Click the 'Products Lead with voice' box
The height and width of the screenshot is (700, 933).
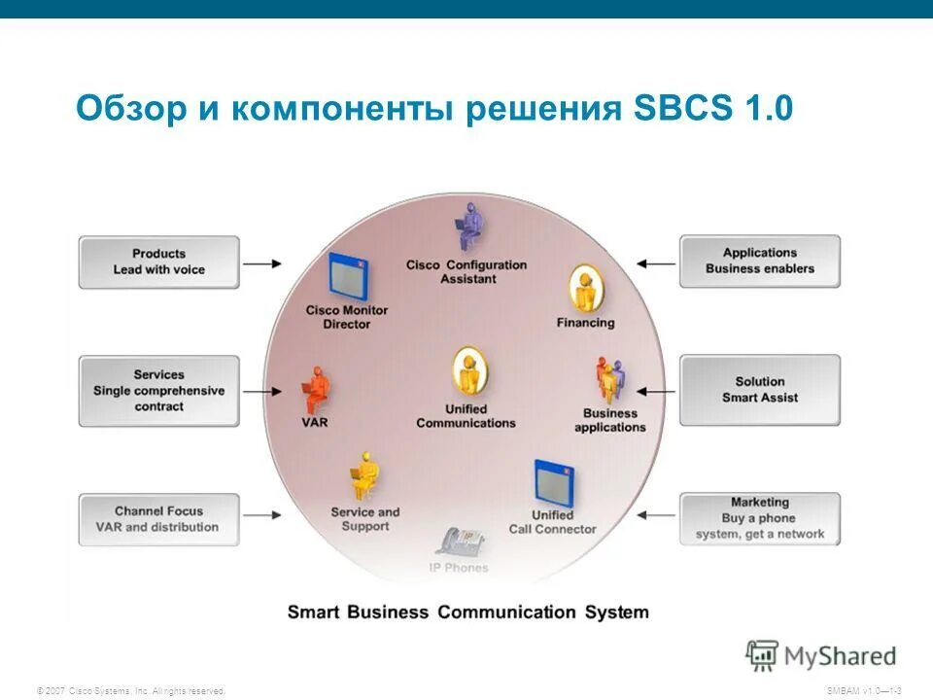click(x=158, y=262)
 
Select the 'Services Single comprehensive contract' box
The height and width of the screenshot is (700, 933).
click(x=158, y=390)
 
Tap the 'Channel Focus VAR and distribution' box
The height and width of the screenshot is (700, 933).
click(x=158, y=519)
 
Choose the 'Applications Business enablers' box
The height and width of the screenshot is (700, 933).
click(x=759, y=261)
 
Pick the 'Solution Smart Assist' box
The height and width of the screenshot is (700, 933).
click(x=759, y=390)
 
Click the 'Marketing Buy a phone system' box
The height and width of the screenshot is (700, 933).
click(x=759, y=518)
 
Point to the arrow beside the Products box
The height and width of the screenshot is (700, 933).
click(x=262, y=263)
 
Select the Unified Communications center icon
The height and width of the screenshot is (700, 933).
click(x=467, y=373)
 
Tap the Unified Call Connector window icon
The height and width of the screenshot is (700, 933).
click(x=553, y=482)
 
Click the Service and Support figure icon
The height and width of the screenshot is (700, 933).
click(x=364, y=477)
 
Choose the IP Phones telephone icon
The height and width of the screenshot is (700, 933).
click(x=459, y=542)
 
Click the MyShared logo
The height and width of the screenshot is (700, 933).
click(x=821, y=655)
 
